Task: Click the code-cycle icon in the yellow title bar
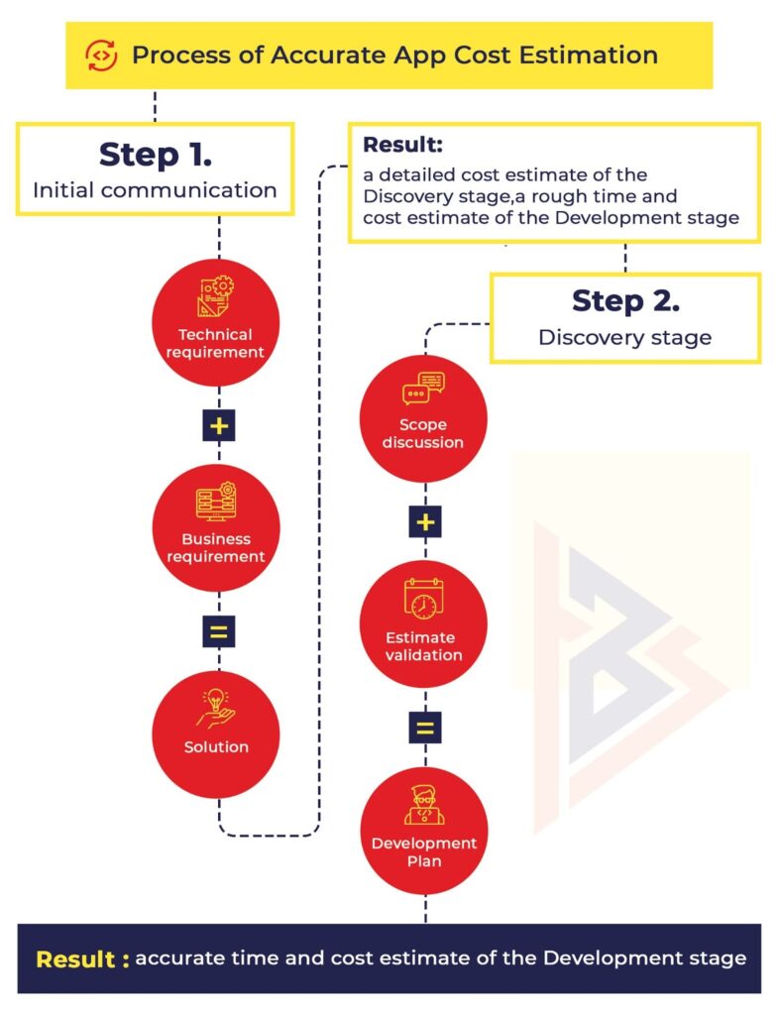[x=101, y=55]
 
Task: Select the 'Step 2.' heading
[x=625, y=300]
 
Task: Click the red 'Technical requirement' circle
[x=216, y=322]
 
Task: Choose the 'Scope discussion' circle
[x=423, y=417]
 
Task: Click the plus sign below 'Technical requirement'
[x=217, y=426]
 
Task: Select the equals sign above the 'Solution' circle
[x=218, y=631]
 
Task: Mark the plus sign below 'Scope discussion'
[x=424, y=521]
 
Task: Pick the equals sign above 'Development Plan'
[x=424, y=729]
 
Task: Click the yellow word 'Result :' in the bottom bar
[x=82, y=959]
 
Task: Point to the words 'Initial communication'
[x=155, y=189]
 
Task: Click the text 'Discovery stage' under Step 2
[x=624, y=337]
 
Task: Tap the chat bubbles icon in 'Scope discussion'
[x=423, y=388]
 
